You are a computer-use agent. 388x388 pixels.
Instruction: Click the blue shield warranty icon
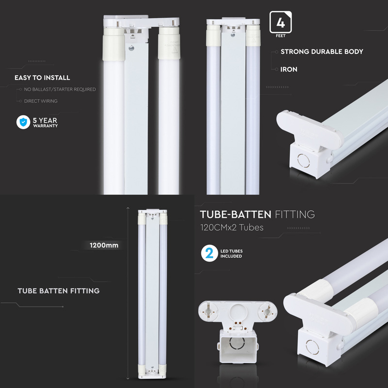pyautogui.click(x=23, y=123)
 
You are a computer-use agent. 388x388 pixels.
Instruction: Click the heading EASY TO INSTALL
pyautogui.click(x=42, y=78)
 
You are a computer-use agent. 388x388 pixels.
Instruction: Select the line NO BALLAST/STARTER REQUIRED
pyautogui.click(x=60, y=90)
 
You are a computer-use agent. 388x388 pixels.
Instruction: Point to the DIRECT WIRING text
pyautogui.click(x=41, y=101)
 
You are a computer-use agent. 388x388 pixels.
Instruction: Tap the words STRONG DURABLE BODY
pyautogui.click(x=322, y=51)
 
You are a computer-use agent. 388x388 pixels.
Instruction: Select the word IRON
pyautogui.click(x=289, y=69)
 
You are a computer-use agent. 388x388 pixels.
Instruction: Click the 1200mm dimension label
pyautogui.click(x=104, y=245)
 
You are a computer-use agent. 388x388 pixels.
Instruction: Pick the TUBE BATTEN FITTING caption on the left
pyautogui.click(x=58, y=291)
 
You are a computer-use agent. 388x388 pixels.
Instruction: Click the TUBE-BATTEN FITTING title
pyautogui.click(x=258, y=214)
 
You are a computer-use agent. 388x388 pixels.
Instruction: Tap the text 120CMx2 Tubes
pyautogui.click(x=232, y=227)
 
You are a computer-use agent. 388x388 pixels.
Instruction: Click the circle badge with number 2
pyautogui.click(x=210, y=254)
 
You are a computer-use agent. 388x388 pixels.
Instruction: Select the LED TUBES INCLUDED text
pyautogui.click(x=231, y=254)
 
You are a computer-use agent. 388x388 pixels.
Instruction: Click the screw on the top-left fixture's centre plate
pyautogui.click(x=131, y=48)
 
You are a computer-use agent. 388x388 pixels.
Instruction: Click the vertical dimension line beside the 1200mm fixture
pyautogui.click(x=128, y=291)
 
